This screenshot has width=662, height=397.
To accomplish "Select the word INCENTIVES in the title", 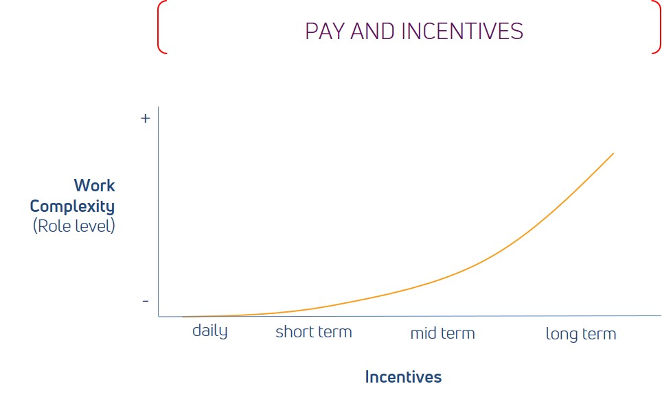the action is pyautogui.click(x=462, y=32).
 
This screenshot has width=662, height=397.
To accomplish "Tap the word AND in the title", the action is pyautogui.click(x=373, y=32).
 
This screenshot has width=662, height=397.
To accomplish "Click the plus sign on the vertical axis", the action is pyautogui.click(x=145, y=119).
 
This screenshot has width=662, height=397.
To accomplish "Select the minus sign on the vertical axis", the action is pyautogui.click(x=146, y=301).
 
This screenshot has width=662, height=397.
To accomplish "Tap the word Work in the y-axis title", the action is pyautogui.click(x=94, y=185).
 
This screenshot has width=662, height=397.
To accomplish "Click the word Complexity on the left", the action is pyautogui.click(x=72, y=206).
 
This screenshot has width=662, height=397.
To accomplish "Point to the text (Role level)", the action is pyautogui.click(x=74, y=226).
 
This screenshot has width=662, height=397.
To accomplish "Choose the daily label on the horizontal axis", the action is pyautogui.click(x=210, y=330).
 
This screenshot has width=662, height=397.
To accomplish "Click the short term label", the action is pyautogui.click(x=314, y=332).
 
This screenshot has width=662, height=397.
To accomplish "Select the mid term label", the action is pyautogui.click(x=442, y=333).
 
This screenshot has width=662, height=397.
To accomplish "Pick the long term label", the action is pyautogui.click(x=581, y=334).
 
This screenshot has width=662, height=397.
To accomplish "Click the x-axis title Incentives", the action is pyautogui.click(x=403, y=376).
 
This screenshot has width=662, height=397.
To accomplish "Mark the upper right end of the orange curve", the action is pyautogui.click(x=613, y=154).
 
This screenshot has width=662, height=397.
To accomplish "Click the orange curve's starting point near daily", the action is pyautogui.click(x=183, y=317).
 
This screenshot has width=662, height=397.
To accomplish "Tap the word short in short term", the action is pyautogui.click(x=295, y=332).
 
